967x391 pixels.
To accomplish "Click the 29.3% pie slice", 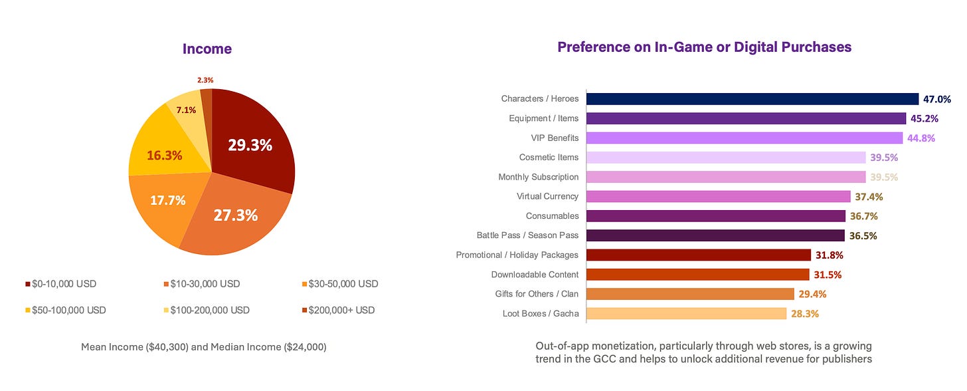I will pos(249,146).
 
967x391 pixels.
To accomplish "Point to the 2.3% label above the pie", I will pos(205,80).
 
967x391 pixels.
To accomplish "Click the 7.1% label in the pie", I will pos(186,110).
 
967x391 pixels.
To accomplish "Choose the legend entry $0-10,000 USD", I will pos(61,284).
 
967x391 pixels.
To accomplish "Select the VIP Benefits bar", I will pos(744,138).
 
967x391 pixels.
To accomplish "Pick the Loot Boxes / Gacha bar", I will pos(686,314).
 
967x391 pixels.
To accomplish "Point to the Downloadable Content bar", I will pos(697,275).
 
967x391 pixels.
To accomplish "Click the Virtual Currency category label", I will pos(547,197).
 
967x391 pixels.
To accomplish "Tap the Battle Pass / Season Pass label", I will pos(527,235).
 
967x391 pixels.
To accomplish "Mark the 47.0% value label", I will pos(937,100).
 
